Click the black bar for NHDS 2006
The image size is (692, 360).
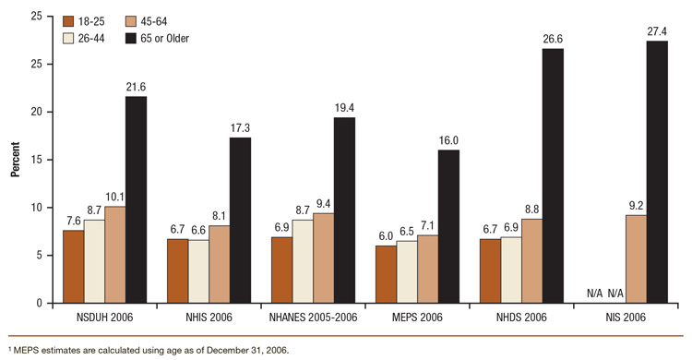tap(552, 175)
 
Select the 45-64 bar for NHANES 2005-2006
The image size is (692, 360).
tap(324, 258)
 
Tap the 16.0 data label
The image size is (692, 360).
tap(448, 140)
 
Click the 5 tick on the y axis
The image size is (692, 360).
tap(38, 255)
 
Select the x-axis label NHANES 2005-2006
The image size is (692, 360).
tap(313, 318)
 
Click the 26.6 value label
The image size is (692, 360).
tap(552, 39)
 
